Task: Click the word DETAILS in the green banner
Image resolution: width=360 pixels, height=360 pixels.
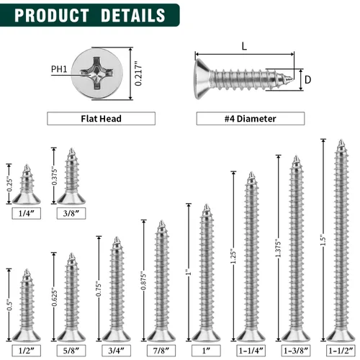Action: (133, 15)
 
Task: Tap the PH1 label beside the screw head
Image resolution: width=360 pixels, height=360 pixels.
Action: (59, 69)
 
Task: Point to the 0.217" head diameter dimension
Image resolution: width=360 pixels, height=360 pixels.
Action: (138, 73)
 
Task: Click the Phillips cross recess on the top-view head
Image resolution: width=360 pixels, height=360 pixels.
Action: (96, 73)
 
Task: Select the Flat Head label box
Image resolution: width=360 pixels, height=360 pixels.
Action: (101, 119)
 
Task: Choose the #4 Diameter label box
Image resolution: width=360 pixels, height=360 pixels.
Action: (251, 119)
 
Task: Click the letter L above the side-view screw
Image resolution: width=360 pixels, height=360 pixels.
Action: (244, 46)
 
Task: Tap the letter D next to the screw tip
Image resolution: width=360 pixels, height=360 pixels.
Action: (307, 80)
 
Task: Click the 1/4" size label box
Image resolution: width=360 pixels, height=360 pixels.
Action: (27, 213)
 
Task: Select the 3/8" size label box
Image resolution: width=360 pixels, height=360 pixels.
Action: (71, 213)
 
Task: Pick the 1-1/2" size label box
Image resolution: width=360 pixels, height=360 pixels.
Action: (341, 351)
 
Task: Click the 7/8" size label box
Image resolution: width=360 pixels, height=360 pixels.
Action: (161, 351)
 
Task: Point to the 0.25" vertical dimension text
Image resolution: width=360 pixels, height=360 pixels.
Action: (9, 184)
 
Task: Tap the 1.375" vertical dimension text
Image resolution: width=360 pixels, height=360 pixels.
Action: (278, 248)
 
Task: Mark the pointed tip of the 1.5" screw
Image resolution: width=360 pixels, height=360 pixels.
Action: (341, 140)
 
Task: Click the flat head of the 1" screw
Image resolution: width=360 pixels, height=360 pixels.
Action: (206, 336)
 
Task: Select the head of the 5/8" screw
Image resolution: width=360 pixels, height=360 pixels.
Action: (71, 336)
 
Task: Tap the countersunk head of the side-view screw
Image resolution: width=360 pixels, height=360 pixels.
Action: (202, 78)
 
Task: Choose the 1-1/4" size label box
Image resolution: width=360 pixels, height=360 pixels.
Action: (251, 351)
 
